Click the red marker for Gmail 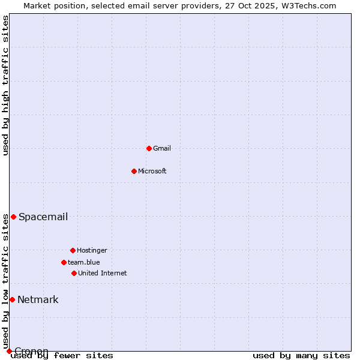pyautogui.click(x=149, y=148)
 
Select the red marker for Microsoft pyautogui.click(x=134, y=171)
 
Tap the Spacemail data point pyautogui.click(x=13, y=217)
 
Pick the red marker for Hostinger pyautogui.click(x=73, y=250)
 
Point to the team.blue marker pyautogui.click(x=64, y=262)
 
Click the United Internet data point pyautogui.click(x=74, y=273)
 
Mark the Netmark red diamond pyautogui.click(x=12, y=299)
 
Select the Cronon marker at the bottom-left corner pyautogui.click(x=9, y=351)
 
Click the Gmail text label pyautogui.click(x=162, y=148)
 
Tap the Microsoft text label pyautogui.click(x=152, y=171)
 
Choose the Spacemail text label pyautogui.click(x=43, y=217)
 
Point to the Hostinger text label pyautogui.click(x=92, y=250)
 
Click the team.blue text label pyautogui.click(x=84, y=262)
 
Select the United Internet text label pyautogui.click(x=103, y=273)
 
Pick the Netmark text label pyautogui.click(x=38, y=299)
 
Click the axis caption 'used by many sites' pyautogui.click(x=301, y=355)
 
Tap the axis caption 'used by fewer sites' pyautogui.click(x=63, y=355)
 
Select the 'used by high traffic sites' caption pyautogui.click(x=5, y=85)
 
